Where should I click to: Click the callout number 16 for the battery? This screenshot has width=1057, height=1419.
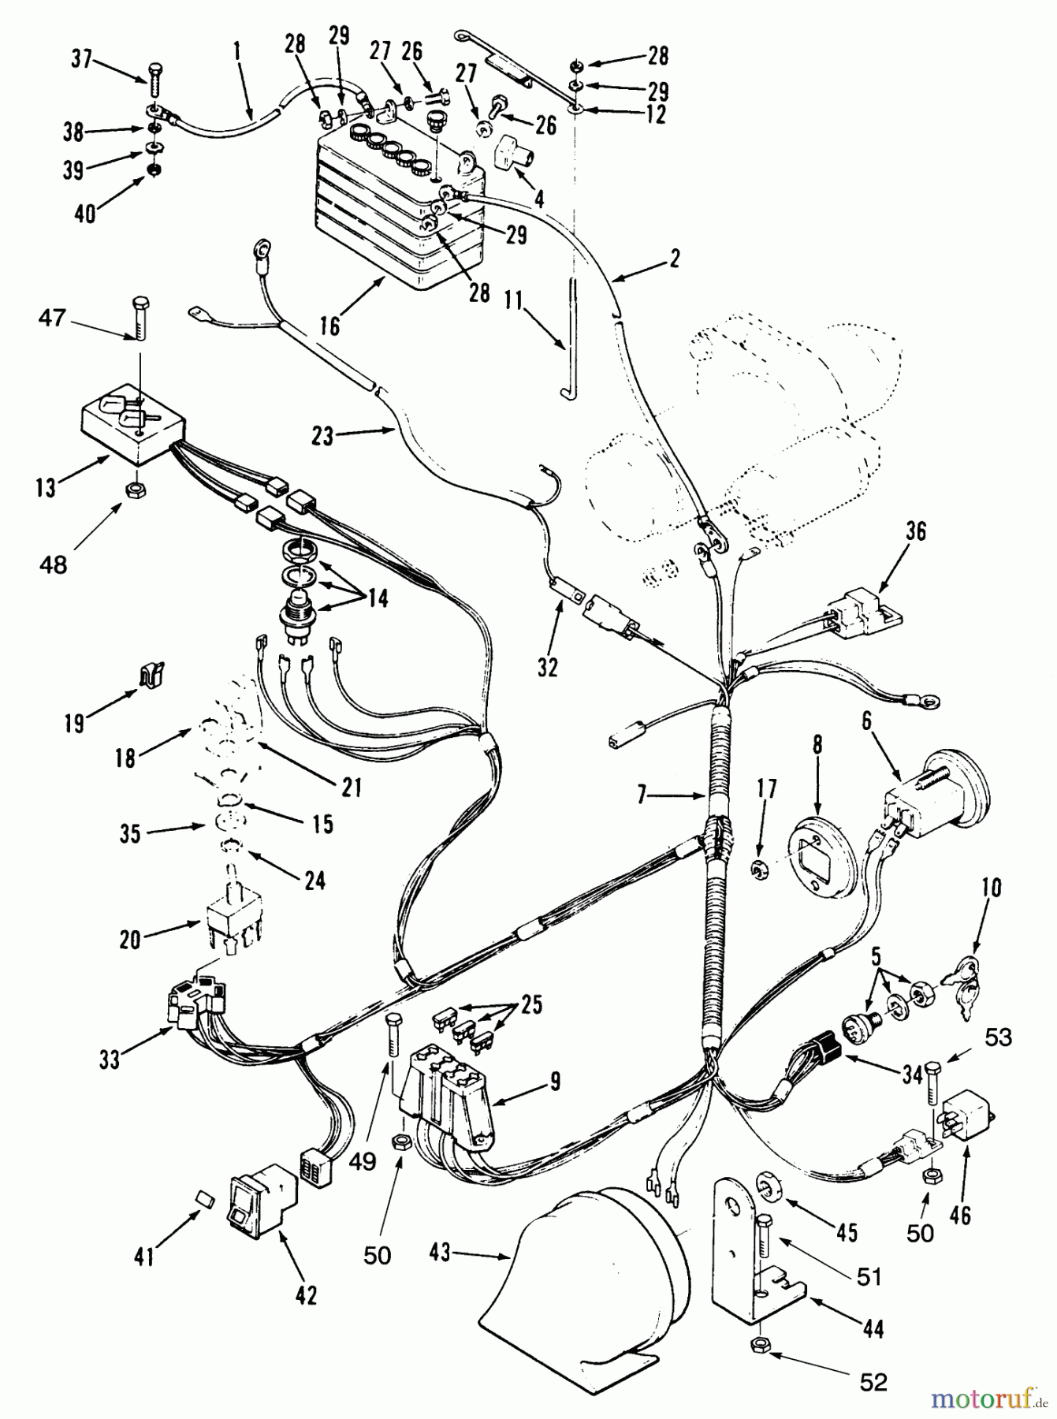(x=329, y=325)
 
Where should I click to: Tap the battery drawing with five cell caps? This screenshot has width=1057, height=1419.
(x=398, y=205)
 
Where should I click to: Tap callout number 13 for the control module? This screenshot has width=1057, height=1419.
(x=46, y=488)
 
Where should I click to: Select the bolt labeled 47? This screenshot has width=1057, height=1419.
(x=140, y=318)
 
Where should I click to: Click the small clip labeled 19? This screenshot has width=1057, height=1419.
(x=152, y=674)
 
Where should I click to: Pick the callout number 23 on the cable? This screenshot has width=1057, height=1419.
(x=323, y=436)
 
